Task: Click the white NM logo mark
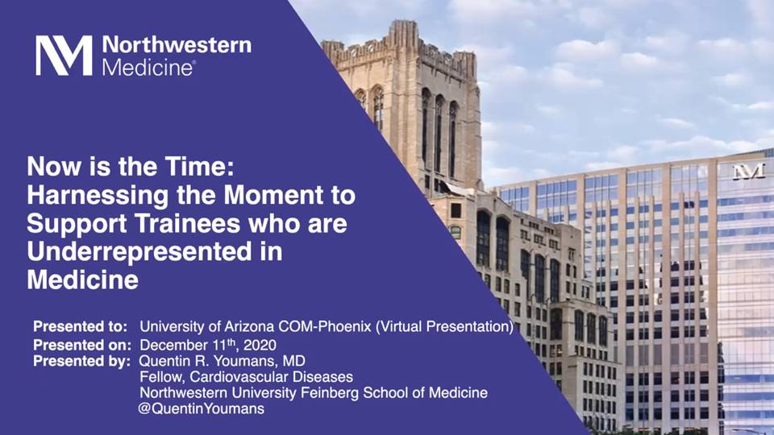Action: coord(64,56)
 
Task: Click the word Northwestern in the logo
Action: coord(177,45)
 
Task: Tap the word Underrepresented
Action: coord(139,252)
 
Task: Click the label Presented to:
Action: coord(80,326)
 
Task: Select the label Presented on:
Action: coord(82,344)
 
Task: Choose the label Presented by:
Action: coord(82,362)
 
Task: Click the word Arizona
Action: coord(250,326)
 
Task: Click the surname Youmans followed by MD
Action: coord(246,361)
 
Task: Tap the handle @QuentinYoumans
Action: coord(202,409)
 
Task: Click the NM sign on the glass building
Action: coord(749,171)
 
